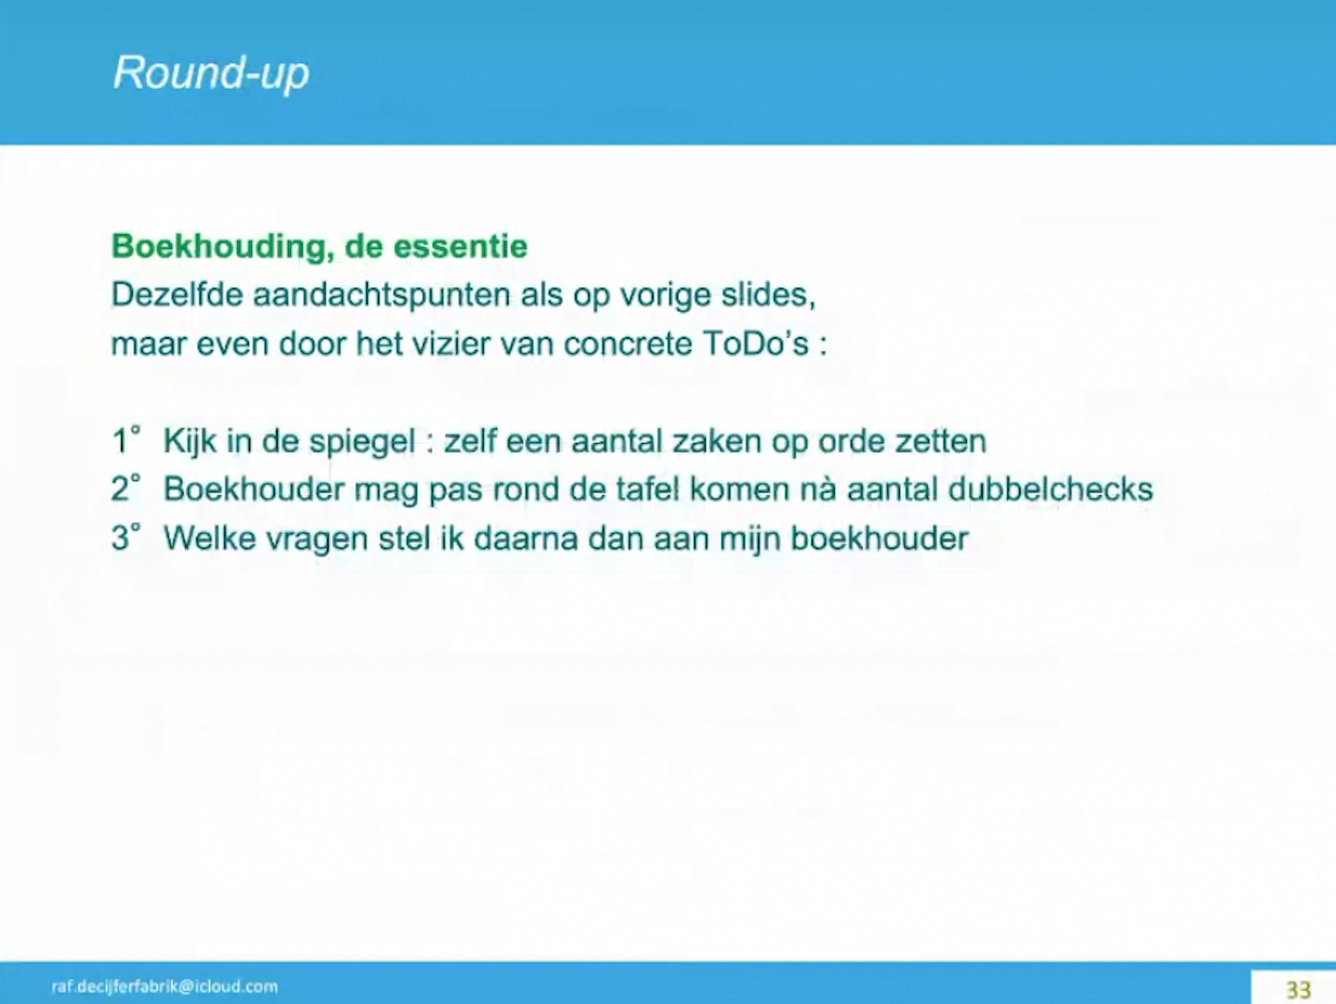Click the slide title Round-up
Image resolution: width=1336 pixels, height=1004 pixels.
tap(211, 73)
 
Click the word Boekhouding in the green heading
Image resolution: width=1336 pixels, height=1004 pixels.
tap(221, 246)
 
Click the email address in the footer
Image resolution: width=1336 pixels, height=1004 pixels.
tap(164, 986)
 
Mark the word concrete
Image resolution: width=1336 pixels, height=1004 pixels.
tap(628, 344)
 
